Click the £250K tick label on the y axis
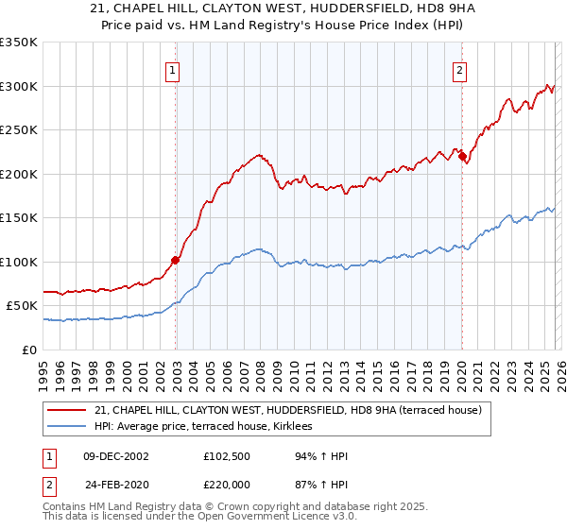tap(19, 130)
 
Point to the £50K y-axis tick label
tap(23, 306)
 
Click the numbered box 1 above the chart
tap(175, 70)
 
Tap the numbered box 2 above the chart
tap(459, 70)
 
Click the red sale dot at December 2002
tap(176, 260)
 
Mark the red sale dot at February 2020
tap(462, 157)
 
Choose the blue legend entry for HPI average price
tap(209, 427)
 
